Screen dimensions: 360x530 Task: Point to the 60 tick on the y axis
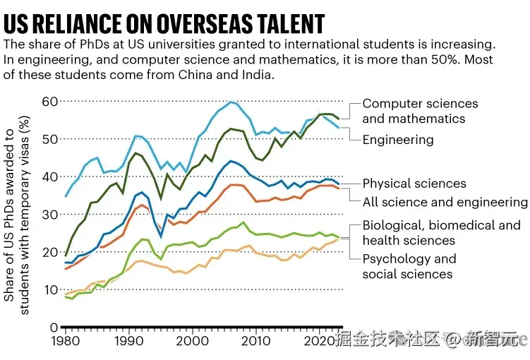pos(49,101)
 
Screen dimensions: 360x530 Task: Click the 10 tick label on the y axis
pos(49,289)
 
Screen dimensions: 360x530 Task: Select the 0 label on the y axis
pos(54,328)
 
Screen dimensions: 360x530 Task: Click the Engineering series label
pos(397,139)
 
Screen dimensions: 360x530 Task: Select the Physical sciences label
pos(414,184)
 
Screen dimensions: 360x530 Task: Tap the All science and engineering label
pos(445,202)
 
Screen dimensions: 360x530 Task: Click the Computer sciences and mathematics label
pos(420,111)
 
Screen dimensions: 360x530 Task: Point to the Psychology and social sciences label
pos(409,266)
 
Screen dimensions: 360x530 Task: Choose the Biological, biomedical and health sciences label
pos(441,233)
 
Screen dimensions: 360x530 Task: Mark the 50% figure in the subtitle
pos(406,59)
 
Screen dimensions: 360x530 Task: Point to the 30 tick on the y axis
pos(49,214)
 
